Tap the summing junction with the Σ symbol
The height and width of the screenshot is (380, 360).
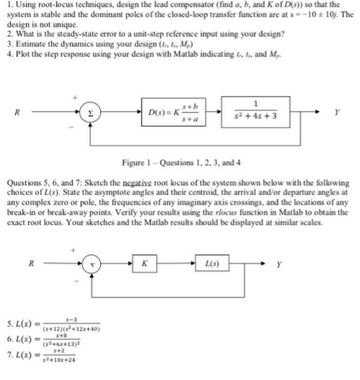(90, 113)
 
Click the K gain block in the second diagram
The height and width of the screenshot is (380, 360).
(145, 264)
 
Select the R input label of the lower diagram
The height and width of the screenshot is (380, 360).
(31, 264)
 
